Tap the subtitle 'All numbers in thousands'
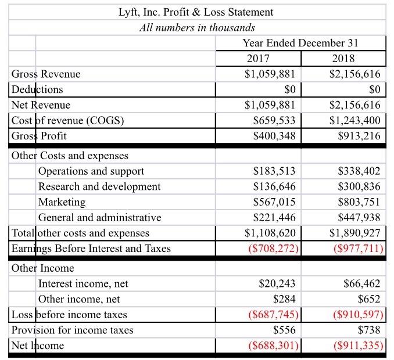click(197, 27)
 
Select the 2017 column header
click(258, 59)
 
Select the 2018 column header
click(343, 59)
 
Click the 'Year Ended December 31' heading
click(300, 43)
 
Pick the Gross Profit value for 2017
click(271, 136)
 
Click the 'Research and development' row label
click(99, 186)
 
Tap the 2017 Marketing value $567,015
click(274, 202)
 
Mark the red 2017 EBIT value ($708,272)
click(270, 249)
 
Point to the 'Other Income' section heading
click(43, 268)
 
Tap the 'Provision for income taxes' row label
click(72, 330)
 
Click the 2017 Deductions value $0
click(289, 89)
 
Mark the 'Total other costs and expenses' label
click(80, 233)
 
